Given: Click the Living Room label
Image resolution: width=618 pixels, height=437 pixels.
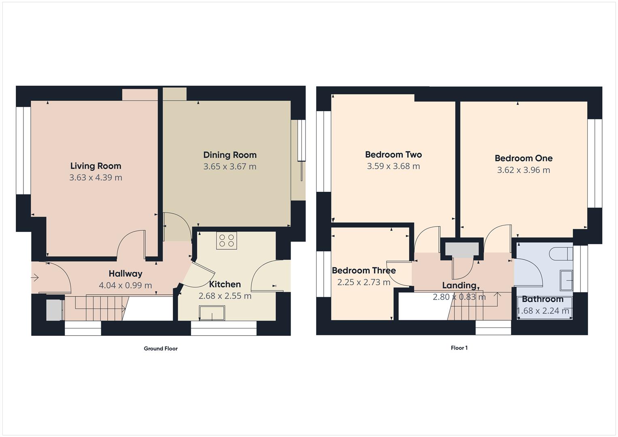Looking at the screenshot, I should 96,166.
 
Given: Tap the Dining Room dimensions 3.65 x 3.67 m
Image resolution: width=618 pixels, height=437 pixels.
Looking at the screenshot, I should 229,167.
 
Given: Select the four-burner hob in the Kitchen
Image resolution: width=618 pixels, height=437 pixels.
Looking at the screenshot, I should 226,241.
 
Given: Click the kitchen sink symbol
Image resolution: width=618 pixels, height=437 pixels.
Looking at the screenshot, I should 212,313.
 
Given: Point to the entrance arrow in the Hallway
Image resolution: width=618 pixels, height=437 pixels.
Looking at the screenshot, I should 35,278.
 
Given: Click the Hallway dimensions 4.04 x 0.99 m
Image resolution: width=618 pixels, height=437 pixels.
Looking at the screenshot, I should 125,286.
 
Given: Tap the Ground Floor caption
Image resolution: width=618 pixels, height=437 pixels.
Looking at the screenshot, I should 161,348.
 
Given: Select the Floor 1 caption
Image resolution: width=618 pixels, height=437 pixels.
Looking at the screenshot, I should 459,348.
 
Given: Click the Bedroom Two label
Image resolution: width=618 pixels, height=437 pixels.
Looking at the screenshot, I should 393,155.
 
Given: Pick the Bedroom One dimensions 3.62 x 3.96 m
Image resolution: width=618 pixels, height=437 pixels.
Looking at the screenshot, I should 523,170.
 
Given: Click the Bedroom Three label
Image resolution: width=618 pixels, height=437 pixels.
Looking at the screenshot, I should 363,271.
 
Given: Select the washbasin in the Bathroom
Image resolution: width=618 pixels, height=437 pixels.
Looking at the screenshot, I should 566,280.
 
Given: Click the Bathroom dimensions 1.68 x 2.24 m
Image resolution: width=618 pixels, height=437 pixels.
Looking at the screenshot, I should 543,311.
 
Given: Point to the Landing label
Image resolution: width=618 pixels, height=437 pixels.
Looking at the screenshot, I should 459,285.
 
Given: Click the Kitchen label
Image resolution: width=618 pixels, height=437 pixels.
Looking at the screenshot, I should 225,284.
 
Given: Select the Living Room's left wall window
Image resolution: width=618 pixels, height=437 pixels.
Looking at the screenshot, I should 24,151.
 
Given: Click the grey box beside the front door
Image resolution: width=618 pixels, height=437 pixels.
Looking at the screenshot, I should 53,310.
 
